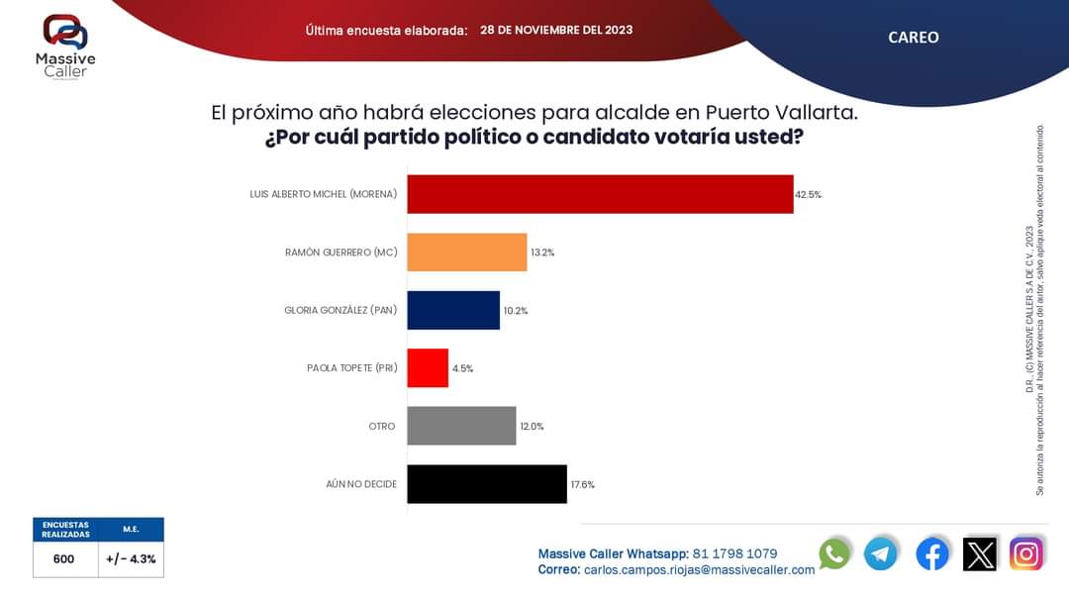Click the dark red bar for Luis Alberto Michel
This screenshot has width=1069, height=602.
(600, 194)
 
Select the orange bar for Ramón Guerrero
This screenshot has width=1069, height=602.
(467, 252)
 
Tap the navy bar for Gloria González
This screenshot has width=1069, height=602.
(453, 310)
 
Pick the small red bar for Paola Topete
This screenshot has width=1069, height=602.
(428, 368)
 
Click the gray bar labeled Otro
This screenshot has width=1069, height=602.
(461, 426)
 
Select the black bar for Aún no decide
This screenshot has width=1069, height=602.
(487, 484)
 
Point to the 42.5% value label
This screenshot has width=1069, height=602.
(809, 195)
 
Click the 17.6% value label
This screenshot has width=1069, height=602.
(582, 485)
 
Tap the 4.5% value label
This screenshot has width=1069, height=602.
(462, 368)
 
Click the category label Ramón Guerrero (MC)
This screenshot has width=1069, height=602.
(340, 252)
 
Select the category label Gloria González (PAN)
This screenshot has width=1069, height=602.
(340, 310)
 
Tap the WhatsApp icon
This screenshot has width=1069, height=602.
(834, 553)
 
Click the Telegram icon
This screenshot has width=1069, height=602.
(881, 553)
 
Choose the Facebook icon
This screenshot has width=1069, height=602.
(931, 553)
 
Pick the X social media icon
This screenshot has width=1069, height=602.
(980, 553)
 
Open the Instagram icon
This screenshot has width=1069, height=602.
(1026, 553)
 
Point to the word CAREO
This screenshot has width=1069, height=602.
(913, 38)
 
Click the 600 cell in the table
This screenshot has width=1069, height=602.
(64, 559)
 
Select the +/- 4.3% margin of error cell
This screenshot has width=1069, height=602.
(131, 559)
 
